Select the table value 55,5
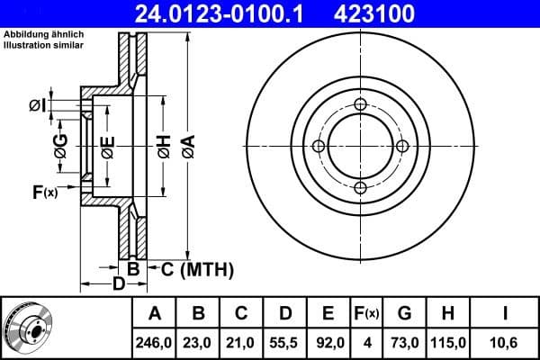point(285,341)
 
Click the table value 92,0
point(328,341)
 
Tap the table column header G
point(405,313)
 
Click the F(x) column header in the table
point(366,313)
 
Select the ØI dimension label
point(36,106)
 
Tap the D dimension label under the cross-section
point(118,286)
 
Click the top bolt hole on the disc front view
point(359,104)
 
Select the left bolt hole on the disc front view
point(318,146)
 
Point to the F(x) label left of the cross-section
point(44,192)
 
